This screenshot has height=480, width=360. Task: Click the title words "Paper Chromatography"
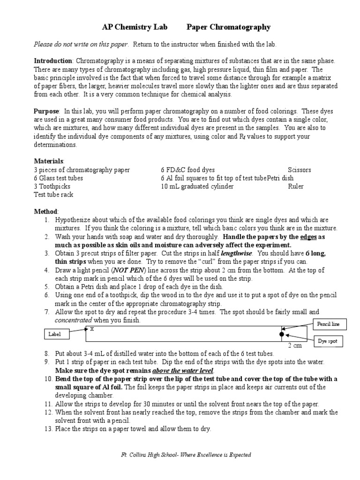228,27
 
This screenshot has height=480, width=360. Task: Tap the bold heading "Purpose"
46,111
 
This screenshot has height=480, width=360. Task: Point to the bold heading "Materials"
48,161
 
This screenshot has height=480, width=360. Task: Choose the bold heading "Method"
46,211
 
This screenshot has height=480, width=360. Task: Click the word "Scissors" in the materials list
299,170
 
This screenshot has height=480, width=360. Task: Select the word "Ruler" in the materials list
296,187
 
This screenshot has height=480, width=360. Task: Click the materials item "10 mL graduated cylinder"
197,187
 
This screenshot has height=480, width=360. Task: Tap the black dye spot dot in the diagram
281,335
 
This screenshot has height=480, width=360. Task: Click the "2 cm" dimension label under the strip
294,346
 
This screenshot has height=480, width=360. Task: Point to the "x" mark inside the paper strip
92,329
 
